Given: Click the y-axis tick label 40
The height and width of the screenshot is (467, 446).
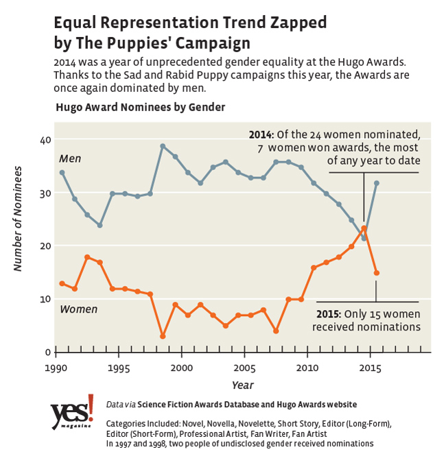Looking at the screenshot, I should click(45, 141).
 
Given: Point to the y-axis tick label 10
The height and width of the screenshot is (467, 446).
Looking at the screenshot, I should click(45, 299).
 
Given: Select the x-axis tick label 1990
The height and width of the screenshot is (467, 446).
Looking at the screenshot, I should click(55, 368).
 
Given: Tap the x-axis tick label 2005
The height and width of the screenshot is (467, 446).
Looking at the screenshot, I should click(244, 368).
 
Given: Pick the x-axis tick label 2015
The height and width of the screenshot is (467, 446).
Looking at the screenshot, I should click(369, 368).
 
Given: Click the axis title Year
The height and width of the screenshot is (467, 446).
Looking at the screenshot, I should click(242, 385).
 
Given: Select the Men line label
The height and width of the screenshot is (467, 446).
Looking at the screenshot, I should click(70, 159).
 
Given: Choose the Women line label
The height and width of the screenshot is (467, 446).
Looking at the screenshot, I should click(78, 309).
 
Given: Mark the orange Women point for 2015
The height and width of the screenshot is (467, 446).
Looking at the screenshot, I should click(376, 273).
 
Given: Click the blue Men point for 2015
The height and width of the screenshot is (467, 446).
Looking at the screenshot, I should click(376, 183).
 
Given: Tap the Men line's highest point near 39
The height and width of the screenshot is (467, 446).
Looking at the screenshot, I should click(163, 146).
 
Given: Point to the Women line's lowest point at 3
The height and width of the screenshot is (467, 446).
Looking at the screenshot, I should click(163, 336).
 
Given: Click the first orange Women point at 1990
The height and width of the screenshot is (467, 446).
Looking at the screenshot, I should click(62, 283).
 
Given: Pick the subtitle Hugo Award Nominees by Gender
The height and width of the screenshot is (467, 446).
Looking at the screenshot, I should click(140, 107).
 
